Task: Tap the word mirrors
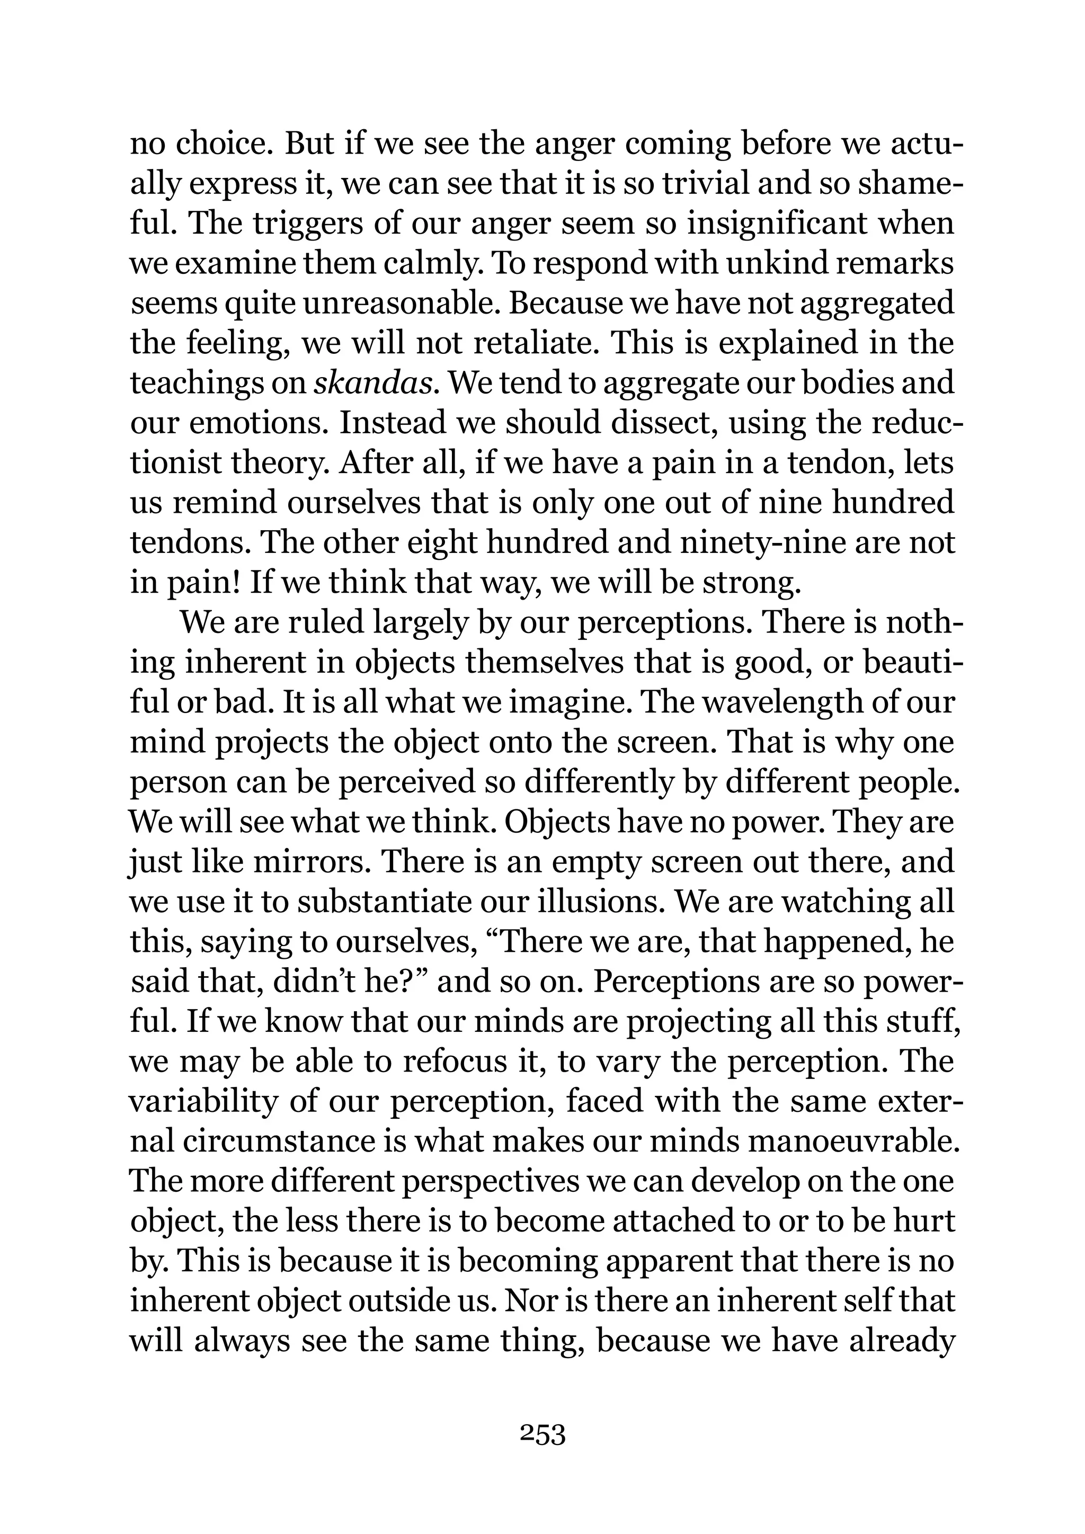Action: [310, 862]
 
